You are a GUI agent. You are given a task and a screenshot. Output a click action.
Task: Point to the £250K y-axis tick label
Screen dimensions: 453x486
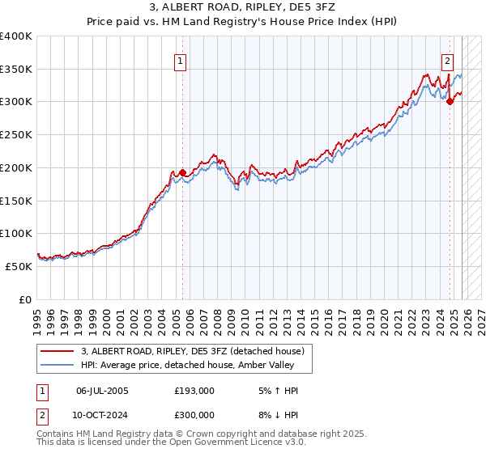point(16,134)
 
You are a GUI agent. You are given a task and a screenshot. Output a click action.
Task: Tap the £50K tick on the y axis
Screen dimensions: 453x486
point(19,266)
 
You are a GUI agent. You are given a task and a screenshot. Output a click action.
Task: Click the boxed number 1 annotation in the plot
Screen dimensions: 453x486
point(179,60)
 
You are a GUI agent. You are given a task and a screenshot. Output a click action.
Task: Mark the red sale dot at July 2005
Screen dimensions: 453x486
point(182,172)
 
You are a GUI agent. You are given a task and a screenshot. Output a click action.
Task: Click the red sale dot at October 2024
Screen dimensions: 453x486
point(450,102)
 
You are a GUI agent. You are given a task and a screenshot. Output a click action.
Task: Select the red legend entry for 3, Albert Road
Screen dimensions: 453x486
point(191,351)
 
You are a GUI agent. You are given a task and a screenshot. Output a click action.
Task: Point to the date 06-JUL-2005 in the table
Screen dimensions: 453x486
point(102,390)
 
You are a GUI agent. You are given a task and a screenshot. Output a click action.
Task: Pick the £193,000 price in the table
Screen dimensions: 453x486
point(194,390)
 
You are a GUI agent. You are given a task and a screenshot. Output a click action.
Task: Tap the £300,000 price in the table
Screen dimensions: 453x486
point(194,413)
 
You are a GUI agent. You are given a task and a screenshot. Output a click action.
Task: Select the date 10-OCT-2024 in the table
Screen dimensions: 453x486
point(102,413)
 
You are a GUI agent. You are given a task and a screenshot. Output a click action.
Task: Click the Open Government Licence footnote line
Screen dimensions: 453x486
point(172,442)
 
